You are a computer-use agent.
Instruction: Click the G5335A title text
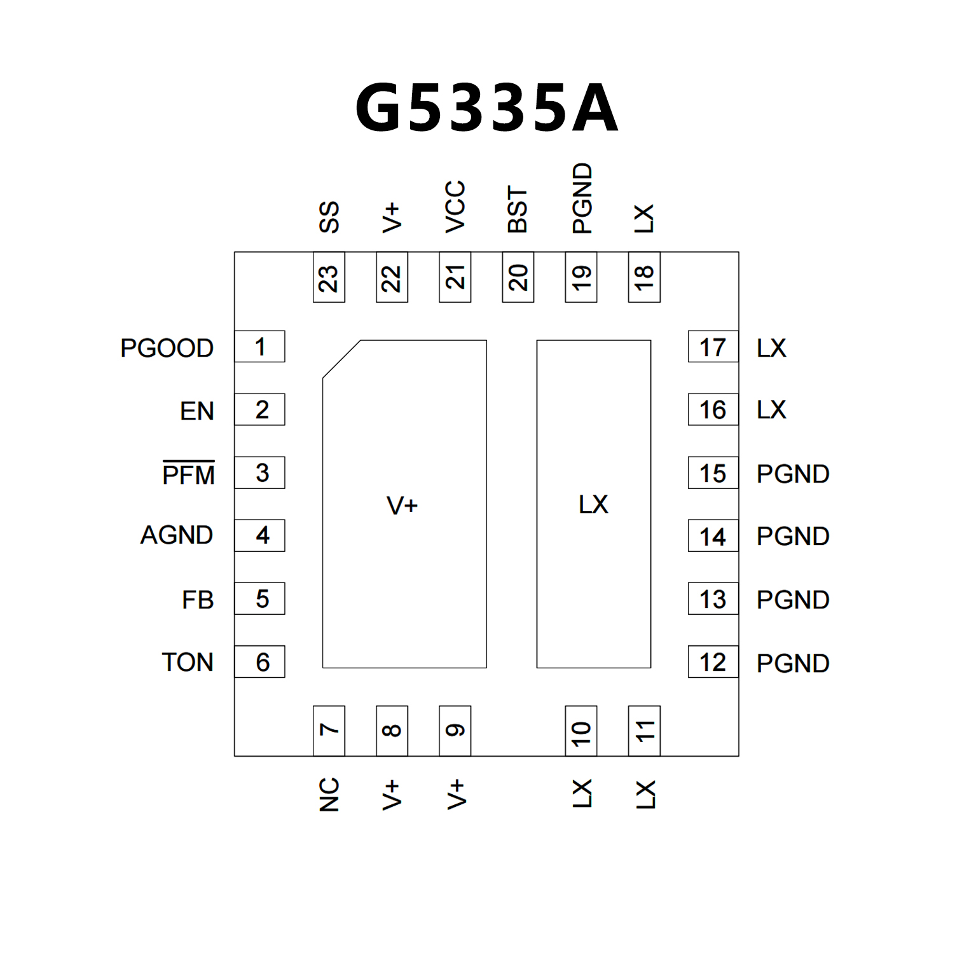(x=486, y=108)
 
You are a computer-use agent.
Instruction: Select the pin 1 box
(x=259, y=347)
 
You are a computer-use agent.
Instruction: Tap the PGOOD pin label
(x=167, y=348)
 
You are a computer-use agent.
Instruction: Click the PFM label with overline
(x=188, y=474)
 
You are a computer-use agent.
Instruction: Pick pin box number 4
(x=259, y=535)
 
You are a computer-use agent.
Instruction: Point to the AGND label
(x=177, y=535)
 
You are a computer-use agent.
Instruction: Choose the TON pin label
(x=188, y=663)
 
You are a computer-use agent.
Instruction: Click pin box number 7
(x=329, y=731)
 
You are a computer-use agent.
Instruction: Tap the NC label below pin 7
(x=329, y=794)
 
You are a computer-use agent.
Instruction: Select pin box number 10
(x=581, y=731)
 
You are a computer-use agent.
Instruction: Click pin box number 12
(x=713, y=662)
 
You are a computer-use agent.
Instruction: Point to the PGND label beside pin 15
(x=793, y=474)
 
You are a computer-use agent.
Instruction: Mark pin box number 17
(x=713, y=347)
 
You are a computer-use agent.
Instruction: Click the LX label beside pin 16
(x=771, y=410)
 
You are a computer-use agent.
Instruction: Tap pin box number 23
(x=329, y=277)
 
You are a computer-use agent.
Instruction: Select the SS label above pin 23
(x=329, y=217)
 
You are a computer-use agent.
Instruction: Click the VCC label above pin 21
(x=455, y=207)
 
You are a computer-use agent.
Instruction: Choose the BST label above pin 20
(x=518, y=210)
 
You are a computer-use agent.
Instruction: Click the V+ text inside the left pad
(x=402, y=505)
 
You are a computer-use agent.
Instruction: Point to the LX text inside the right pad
(x=593, y=504)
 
